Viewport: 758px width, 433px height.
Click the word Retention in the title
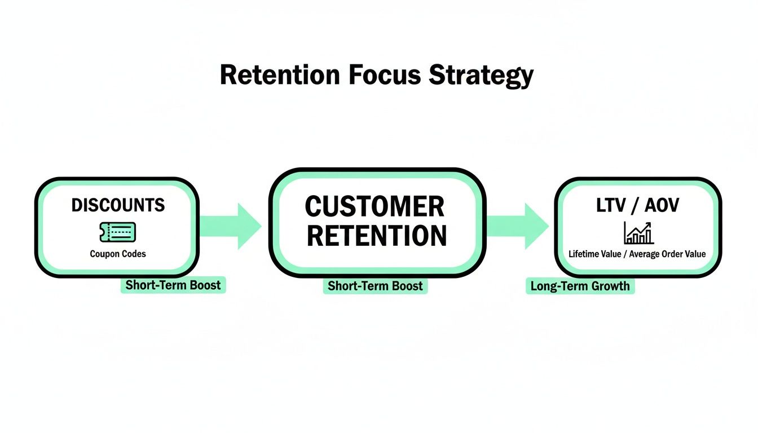click(x=280, y=75)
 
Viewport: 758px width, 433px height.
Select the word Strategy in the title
click(x=481, y=75)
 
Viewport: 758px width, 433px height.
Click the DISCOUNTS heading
click(x=118, y=205)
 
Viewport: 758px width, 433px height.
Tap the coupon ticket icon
click(x=117, y=232)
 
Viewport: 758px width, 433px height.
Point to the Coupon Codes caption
click(x=118, y=254)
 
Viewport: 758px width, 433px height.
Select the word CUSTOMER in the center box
click(x=374, y=207)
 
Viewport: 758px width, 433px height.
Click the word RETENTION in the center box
click(x=377, y=236)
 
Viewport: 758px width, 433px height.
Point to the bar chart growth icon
click(x=638, y=232)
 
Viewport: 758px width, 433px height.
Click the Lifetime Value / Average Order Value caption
click(x=637, y=254)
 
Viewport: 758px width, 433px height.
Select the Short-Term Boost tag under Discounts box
click(x=173, y=285)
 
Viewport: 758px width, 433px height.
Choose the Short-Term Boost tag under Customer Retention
click(x=376, y=286)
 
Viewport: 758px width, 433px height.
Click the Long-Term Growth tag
click(x=580, y=286)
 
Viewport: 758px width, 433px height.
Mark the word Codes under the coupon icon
click(x=133, y=254)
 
